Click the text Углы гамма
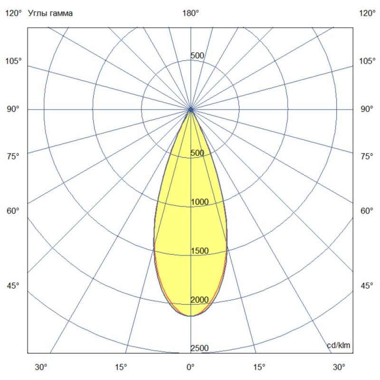click(x=51, y=13)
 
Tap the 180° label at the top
click(x=190, y=13)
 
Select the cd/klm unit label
click(x=339, y=345)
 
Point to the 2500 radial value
click(x=199, y=349)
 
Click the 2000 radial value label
click(x=199, y=300)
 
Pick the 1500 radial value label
click(x=199, y=251)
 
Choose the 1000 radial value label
click(x=199, y=202)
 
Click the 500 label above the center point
click(x=197, y=56)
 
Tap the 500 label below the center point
click(x=197, y=153)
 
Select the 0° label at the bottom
click(x=190, y=367)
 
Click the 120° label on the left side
click(x=13, y=13)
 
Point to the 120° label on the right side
click(x=367, y=13)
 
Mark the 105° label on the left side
click(x=13, y=61)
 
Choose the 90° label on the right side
click(x=367, y=109)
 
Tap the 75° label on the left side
click(x=13, y=156)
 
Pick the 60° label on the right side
click(x=367, y=211)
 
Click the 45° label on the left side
click(x=13, y=286)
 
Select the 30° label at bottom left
click(x=41, y=367)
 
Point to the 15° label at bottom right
click(x=259, y=367)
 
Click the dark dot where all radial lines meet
click(x=190, y=109)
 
